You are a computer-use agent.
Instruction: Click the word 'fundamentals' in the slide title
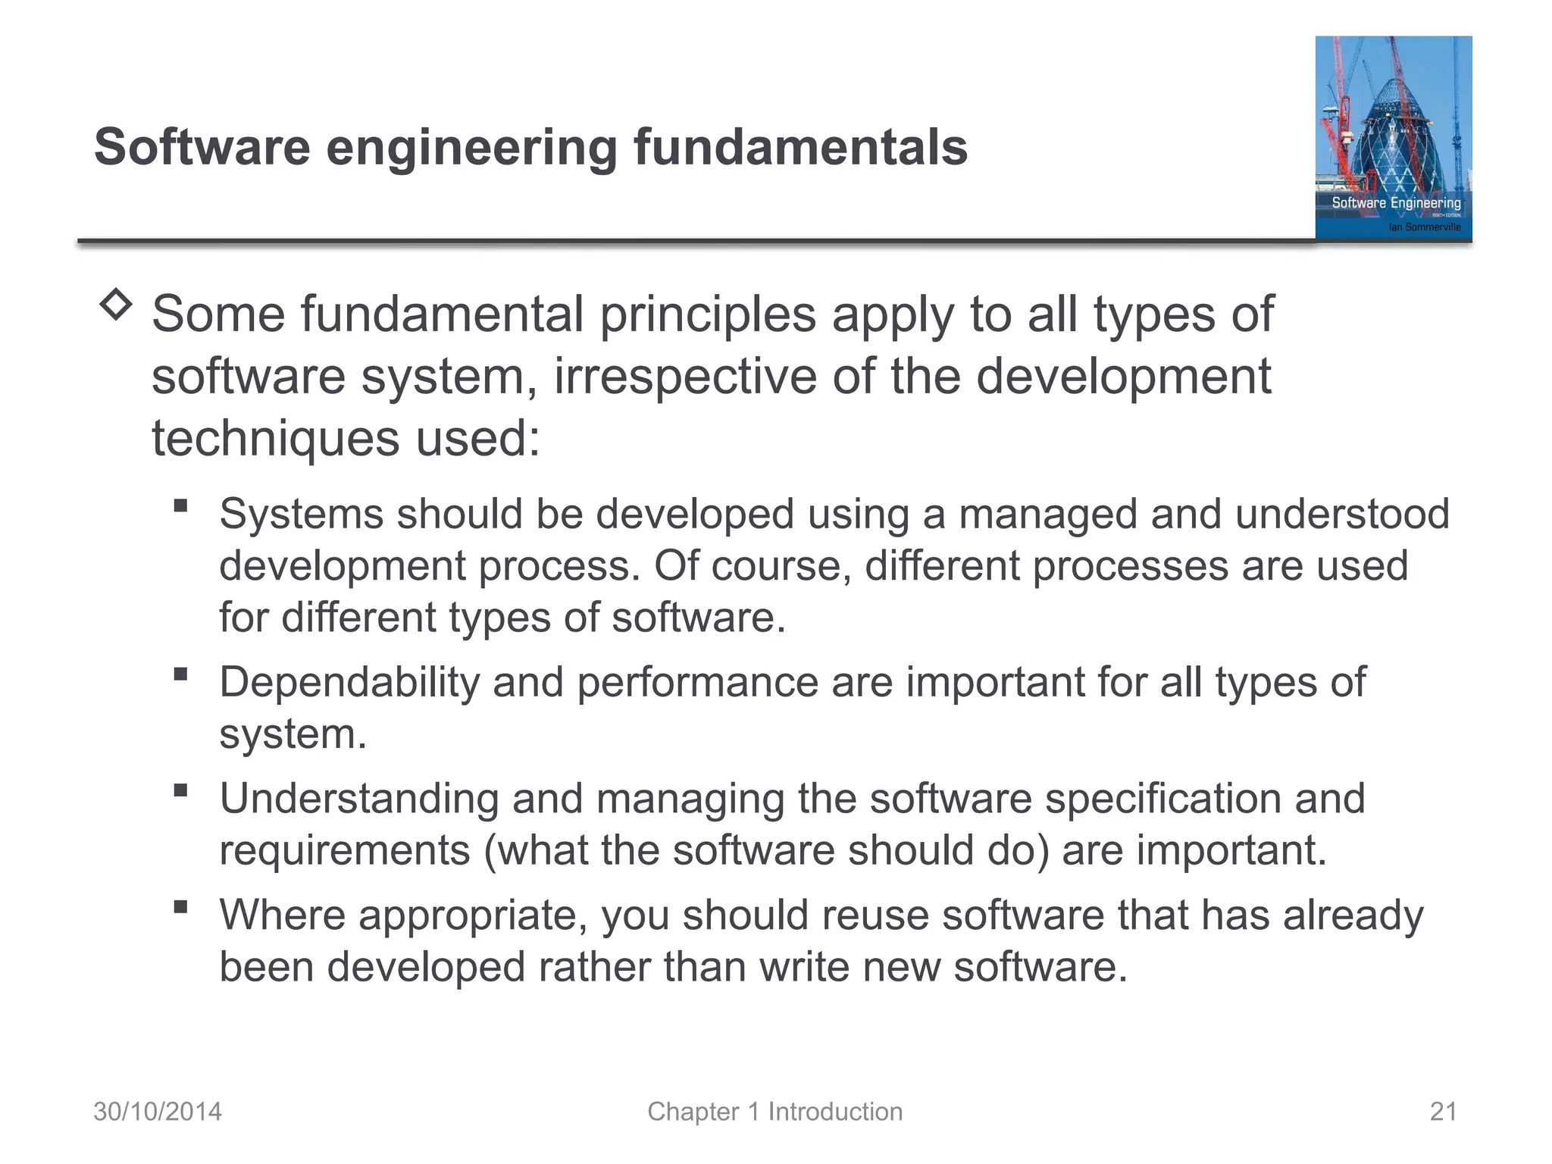pyautogui.click(x=800, y=147)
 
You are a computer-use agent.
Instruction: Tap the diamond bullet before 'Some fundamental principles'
pyautogui.click(x=115, y=305)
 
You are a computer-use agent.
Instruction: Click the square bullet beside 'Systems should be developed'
pyautogui.click(x=180, y=505)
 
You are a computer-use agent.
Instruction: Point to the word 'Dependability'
pyautogui.click(x=349, y=683)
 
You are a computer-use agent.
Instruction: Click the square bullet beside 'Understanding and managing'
pyautogui.click(x=180, y=790)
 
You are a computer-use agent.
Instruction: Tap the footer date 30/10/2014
pyautogui.click(x=158, y=1112)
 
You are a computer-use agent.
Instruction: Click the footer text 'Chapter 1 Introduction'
pyautogui.click(x=774, y=1112)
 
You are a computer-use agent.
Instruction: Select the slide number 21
pyautogui.click(x=1443, y=1112)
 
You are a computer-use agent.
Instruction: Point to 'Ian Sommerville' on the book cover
pyautogui.click(x=1424, y=227)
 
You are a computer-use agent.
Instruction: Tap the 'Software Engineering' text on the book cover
pyautogui.click(x=1396, y=203)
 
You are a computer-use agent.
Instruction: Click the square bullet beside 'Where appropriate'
pyautogui.click(x=180, y=906)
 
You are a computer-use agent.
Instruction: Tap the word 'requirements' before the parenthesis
pyautogui.click(x=345, y=850)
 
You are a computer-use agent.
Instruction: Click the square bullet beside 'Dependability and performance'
pyautogui.click(x=180, y=674)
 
